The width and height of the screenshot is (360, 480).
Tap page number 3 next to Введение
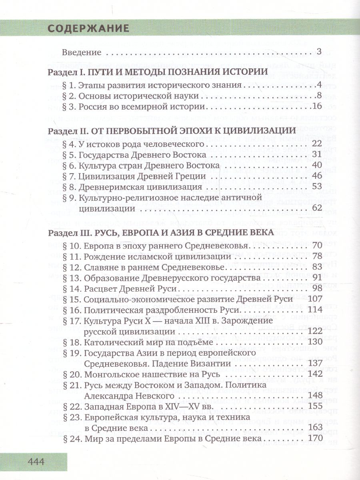click(x=319, y=52)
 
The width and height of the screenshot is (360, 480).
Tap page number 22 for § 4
click(x=316, y=144)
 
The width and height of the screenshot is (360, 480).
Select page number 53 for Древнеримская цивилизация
click(x=316, y=186)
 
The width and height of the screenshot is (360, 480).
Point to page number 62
click(x=316, y=208)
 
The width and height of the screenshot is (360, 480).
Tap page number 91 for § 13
click(x=316, y=278)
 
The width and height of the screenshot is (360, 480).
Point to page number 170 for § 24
click(x=314, y=439)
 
